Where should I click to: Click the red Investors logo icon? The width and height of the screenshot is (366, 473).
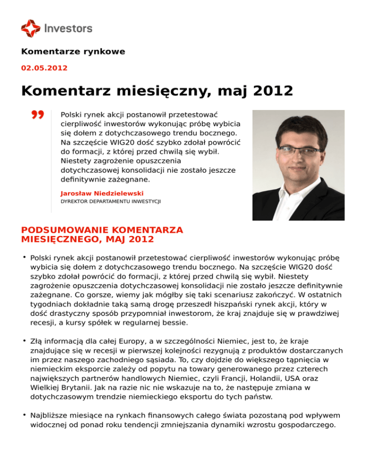coord(30,28)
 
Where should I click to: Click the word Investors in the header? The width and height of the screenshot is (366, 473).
coord(68,29)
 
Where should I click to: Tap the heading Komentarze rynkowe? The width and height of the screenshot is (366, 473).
coord(73,51)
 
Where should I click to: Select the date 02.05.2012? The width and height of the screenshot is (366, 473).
coord(44,68)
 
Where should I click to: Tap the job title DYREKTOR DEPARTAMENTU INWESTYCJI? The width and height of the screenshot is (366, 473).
coord(111,201)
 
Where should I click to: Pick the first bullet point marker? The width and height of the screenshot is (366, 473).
coord(24,257)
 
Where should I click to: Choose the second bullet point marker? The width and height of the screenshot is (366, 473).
coord(24,341)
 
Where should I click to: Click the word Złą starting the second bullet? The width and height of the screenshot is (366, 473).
coord(37,342)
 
